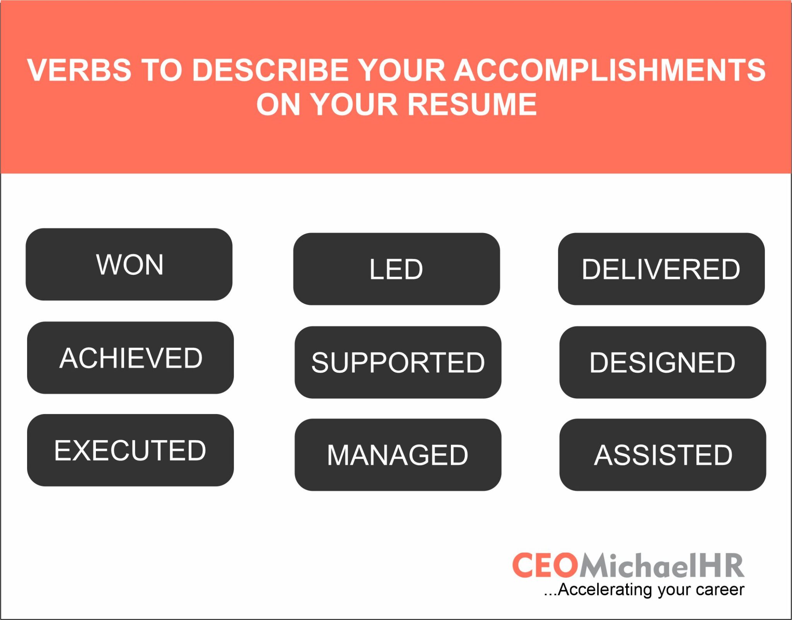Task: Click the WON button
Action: (x=129, y=265)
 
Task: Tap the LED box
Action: (x=396, y=269)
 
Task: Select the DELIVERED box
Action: (x=661, y=269)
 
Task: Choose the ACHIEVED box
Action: (x=130, y=358)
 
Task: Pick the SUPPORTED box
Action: (x=398, y=363)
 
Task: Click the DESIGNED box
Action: (x=662, y=363)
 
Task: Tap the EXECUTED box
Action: (x=130, y=450)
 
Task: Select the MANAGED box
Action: (x=398, y=455)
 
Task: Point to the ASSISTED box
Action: (x=662, y=455)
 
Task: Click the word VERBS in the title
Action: (x=79, y=70)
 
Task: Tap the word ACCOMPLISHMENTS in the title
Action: (x=609, y=70)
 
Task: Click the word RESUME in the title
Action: (x=472, y=104)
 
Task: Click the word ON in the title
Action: (x=278, y=104)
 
